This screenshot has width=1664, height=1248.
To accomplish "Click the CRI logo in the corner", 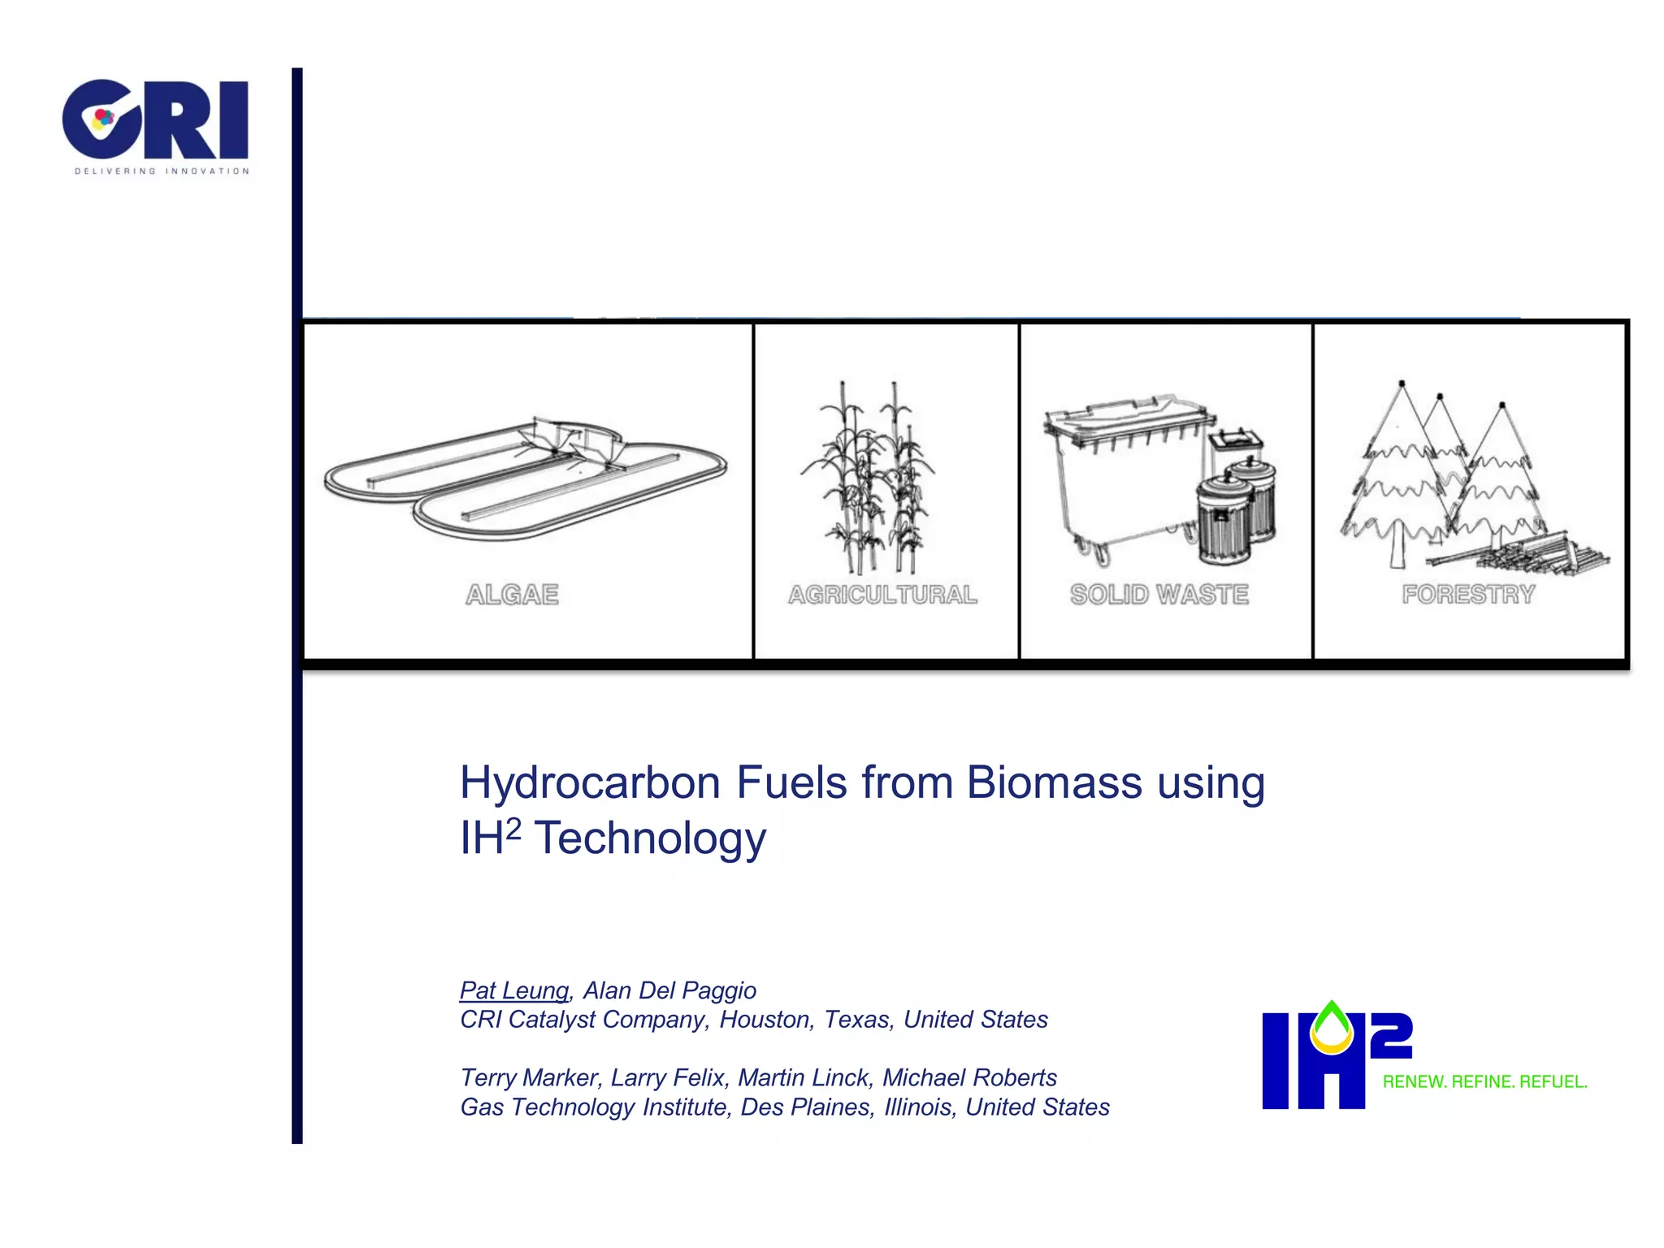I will coord(154,122).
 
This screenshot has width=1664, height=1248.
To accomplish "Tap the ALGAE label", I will coord(512,595).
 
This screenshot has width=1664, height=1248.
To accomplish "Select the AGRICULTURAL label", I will coord(882,595).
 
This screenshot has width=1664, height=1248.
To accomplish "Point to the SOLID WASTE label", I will coord(1159,595).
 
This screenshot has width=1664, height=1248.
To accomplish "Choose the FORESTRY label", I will coord(1468,595).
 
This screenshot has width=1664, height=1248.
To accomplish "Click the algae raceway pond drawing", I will coord(525,479).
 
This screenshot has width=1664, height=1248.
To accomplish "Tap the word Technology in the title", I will coord(650,838).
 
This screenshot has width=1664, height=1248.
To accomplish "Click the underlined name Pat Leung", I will coord(514,990).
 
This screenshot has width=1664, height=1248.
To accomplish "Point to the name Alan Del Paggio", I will coord(669,990).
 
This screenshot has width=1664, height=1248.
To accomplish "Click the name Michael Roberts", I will coord(969,1078).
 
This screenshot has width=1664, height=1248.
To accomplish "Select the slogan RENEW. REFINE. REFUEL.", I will coord(1484,1082).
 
